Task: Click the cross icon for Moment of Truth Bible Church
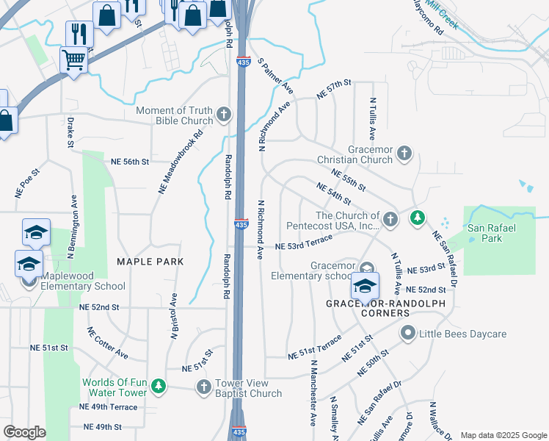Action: (x=225, y=115)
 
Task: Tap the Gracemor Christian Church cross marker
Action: (x=404, y=154)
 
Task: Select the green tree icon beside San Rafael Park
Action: (x=418, y=218)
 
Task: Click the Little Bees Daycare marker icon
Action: (x=408, y=334)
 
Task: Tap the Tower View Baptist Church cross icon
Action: (x=205, y=387)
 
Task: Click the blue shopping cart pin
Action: (x=73, y=60)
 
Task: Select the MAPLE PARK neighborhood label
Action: (x=149, y=262)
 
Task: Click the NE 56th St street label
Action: (x=130, y=161)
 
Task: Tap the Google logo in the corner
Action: (x=24, y=432)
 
